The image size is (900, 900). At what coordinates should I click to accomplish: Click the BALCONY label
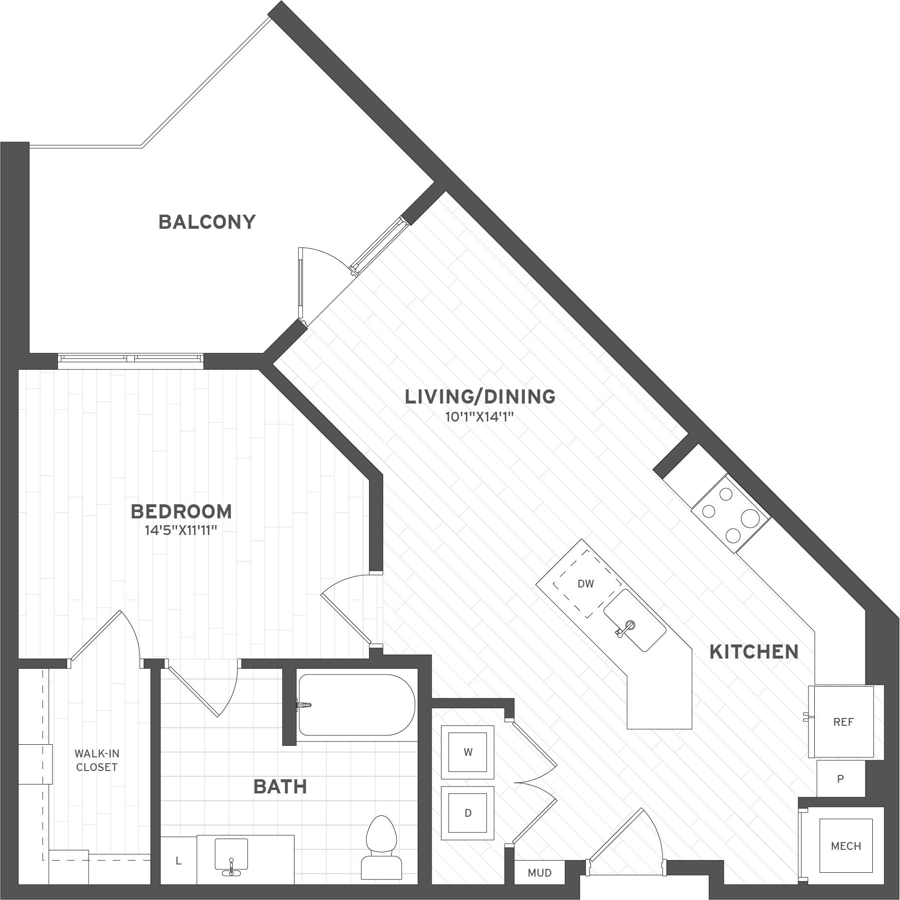pyautogui.click(x=207, y=222)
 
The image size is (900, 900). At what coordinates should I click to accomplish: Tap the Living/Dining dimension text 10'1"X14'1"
pyautogui.click(x=479, y=417)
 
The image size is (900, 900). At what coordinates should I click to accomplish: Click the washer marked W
pyautogui.click(x=468, y=752)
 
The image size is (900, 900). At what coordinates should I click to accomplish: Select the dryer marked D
pyautogui.click(x=468, y=813)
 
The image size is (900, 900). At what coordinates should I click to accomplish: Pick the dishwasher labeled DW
pyautogui.click(x=586, y=584)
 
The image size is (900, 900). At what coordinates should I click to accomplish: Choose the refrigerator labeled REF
pyautogui.click(x=843, y=722)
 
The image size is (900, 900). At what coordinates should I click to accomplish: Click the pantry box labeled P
pyautogui.click(x=840, y=779)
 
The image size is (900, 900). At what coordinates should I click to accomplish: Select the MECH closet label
pyautogui.click(x=846, y=846)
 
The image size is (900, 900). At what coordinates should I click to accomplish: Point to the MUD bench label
pyautogui.click(x=539, y=873)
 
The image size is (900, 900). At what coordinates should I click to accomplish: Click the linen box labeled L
pyautogui.click(x=179, y=861)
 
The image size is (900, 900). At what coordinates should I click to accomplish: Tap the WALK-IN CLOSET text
pyautogui.click(x=96, y=760)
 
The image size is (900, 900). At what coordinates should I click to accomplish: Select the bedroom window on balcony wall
pyautogui.click(x=130, y=359)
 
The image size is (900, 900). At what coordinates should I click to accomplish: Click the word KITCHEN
pyautogui.click(x=753, y=652)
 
